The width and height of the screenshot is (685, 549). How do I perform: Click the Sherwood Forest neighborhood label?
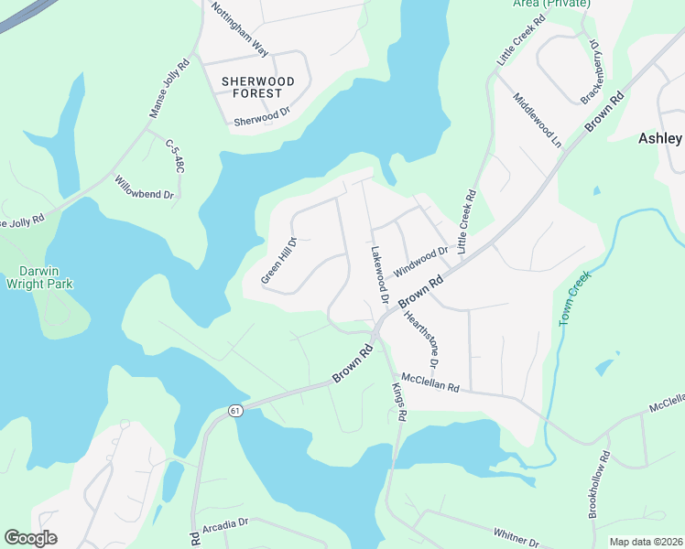[x=258, y=89]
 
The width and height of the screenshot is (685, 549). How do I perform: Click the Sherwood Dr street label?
[x=262, y=116]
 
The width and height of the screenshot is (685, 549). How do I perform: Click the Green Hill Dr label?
[x=279, y=261]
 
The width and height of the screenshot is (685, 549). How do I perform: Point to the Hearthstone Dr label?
[x=424, y=330]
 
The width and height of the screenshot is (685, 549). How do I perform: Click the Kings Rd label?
[x=399, y=401]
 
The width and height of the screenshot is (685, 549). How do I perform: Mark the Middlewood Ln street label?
[x=538, y=121]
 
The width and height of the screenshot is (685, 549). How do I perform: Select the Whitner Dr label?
[x=516, y=534]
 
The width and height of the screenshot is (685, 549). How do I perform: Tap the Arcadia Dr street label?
[x=225, y=523]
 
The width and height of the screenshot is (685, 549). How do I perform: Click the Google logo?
[x=30, y=537]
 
